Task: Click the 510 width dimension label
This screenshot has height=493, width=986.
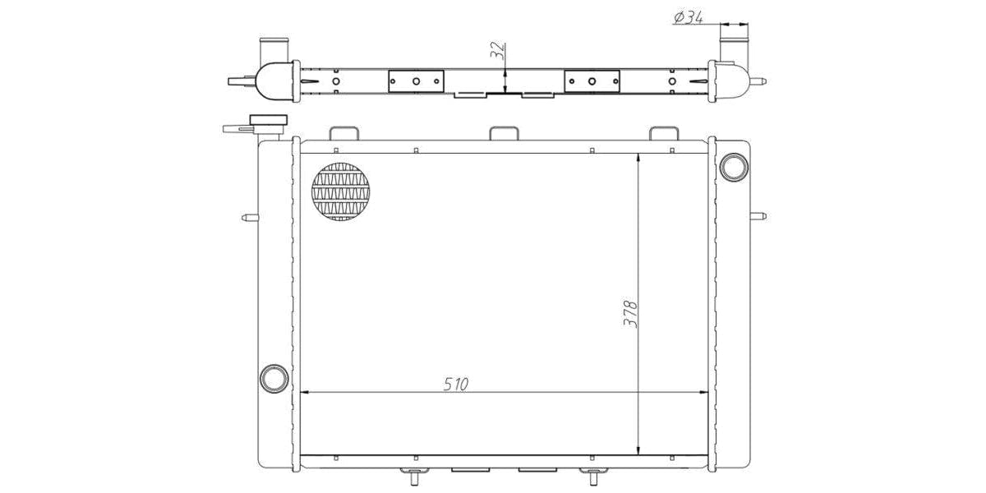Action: pyautogui.click(x=455, y=385)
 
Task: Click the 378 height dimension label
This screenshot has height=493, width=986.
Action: pyautogui.click(x=630, y=314)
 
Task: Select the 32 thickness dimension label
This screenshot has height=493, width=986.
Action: pyautogui.click(x=497, y=51)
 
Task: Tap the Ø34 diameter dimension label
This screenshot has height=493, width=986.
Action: pyautogui.click(x=689, y=17)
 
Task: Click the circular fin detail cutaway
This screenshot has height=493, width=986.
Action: pyautogui.click(x=341, y=191)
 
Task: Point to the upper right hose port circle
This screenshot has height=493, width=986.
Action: pyautogui.click(x=733, y=167)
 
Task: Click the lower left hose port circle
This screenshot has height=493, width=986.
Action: pyautogui.click(x=274, y=379)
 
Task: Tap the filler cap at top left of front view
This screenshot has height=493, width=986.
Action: pyautogui.click(x=268, y=120)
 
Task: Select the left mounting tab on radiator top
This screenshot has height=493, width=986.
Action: pyautogui.click(x=344, y=133)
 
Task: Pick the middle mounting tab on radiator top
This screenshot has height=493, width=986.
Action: pyautogui.click(x=504, y=133)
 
